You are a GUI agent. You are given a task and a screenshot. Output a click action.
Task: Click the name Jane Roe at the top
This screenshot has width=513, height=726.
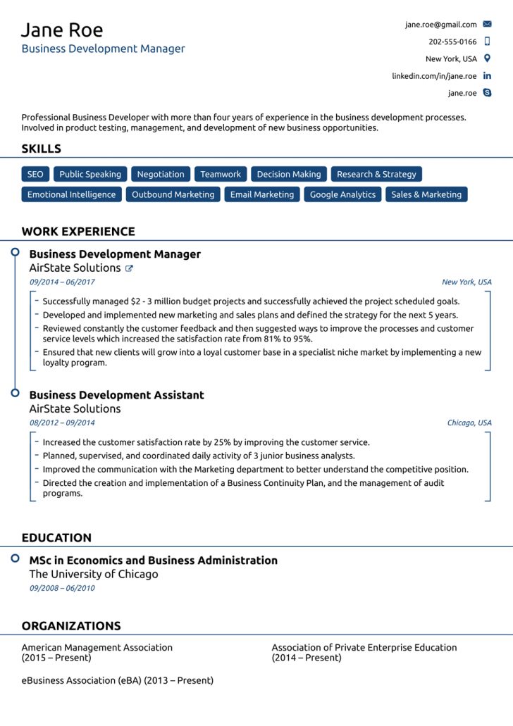click(62, 30)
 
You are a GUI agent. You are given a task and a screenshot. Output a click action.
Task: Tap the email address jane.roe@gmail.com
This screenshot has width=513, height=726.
click(440, 25)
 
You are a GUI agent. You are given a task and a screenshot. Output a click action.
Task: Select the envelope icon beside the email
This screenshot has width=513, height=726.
click(487, 25)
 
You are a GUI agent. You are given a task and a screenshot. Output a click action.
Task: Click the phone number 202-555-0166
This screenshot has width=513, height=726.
click(452, 42)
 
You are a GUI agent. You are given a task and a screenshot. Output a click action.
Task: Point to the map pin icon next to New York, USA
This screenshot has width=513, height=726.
click(487, 58)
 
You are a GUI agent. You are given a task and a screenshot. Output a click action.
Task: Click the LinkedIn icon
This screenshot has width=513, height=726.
click(487, 76)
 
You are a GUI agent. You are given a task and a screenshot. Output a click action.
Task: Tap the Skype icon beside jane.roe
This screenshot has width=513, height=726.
click(487, 93)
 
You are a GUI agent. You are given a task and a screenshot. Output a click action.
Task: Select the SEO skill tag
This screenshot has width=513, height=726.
click(35, 175)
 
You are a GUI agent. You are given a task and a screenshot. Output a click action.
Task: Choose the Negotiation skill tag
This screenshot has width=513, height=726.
click(161, 175)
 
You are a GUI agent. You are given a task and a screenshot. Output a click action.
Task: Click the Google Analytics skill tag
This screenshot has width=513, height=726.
click(342, 194)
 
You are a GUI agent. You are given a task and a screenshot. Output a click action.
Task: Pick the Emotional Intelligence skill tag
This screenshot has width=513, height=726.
click(71, 194)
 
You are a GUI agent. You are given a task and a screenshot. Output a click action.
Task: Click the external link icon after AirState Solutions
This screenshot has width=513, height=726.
click(129, 268)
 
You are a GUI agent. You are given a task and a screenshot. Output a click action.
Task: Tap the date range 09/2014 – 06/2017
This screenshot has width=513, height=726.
click(62, 282)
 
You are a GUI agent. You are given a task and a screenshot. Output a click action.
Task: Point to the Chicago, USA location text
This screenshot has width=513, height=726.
click(469, 423)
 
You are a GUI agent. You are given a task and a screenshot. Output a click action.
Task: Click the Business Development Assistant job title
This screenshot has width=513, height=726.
click(116, 395)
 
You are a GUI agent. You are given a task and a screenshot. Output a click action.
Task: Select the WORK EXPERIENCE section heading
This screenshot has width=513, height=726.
click(78, 232)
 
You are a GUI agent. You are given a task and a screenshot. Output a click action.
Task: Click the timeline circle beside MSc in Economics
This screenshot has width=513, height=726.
click(15, 558)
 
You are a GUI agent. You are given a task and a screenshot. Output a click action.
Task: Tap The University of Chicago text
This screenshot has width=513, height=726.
click(94, 574)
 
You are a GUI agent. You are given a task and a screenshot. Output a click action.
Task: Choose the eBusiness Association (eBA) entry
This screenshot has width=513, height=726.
click(117, 680)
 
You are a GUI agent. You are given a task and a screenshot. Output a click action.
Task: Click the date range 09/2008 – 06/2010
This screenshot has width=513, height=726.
click(62, 588)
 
